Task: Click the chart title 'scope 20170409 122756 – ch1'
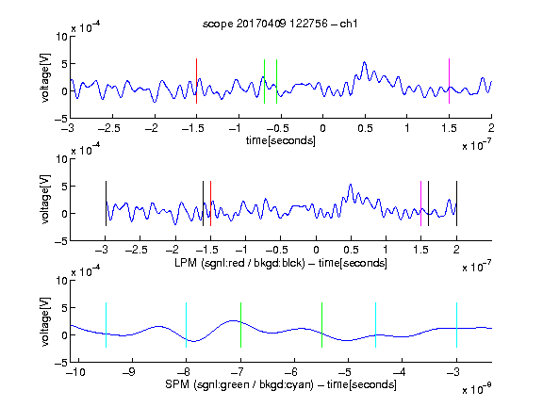click(x=280, y=24)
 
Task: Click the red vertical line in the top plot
click(x=197, y=81)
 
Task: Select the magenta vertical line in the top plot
click(x=449, y=81)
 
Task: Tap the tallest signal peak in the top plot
click(x=364, y=62)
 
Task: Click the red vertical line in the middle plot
click(x=210, y=203)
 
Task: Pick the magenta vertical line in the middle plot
click(x=420, y=203)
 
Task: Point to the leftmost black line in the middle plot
click(x=106, y=203)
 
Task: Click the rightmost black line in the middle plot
click(x=456, y=203)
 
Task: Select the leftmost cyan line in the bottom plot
click(x=106, y=325)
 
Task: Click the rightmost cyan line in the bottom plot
click(x=456, y=325)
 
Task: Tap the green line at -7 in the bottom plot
click(x=240, y=325)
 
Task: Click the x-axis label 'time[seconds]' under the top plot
click(x=281, y=140)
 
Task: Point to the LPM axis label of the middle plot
click(x=281, y=263)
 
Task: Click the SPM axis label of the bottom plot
click(x=281, y=384)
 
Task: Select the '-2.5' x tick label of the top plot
click(x=108, y=129)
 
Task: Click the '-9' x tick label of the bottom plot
click(x=129, y=372)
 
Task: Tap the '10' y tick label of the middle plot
click(x=62, y=159)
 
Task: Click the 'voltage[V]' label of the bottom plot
click(x=45, y=321)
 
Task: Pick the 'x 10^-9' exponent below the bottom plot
click(x=477, y=389)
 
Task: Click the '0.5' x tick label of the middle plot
click(x=351, y=250)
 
